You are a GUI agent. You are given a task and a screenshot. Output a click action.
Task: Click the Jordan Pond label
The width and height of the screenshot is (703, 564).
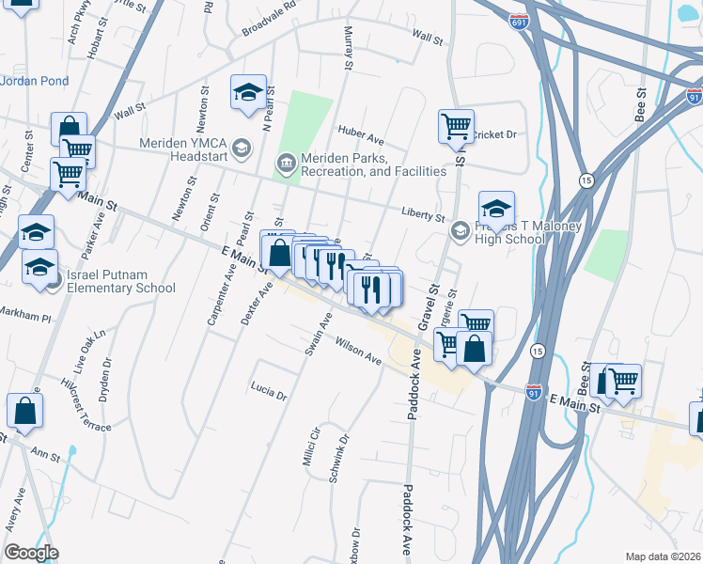click(35, 81)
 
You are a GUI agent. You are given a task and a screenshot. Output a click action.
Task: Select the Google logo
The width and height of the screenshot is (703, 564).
click(31, 552)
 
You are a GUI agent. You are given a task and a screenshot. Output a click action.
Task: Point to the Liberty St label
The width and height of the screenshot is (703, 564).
click(422, 216)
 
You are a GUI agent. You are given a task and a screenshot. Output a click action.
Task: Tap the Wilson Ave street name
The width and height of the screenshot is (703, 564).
click(358, 352)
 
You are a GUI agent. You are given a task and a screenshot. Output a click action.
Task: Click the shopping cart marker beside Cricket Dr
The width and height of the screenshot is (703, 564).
click(456, 125)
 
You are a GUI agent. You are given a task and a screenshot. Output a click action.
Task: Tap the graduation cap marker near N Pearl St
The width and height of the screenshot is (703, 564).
click(248, 92)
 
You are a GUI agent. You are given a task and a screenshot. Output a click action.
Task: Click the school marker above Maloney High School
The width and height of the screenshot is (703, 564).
click(496, 207)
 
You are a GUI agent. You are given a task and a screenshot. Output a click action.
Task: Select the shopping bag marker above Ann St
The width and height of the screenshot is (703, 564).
click(24, 410)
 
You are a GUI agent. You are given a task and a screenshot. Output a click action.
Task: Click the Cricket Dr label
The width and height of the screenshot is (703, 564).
click(494, 134)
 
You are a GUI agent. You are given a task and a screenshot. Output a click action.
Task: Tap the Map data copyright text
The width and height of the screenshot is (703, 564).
click(664, 556)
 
